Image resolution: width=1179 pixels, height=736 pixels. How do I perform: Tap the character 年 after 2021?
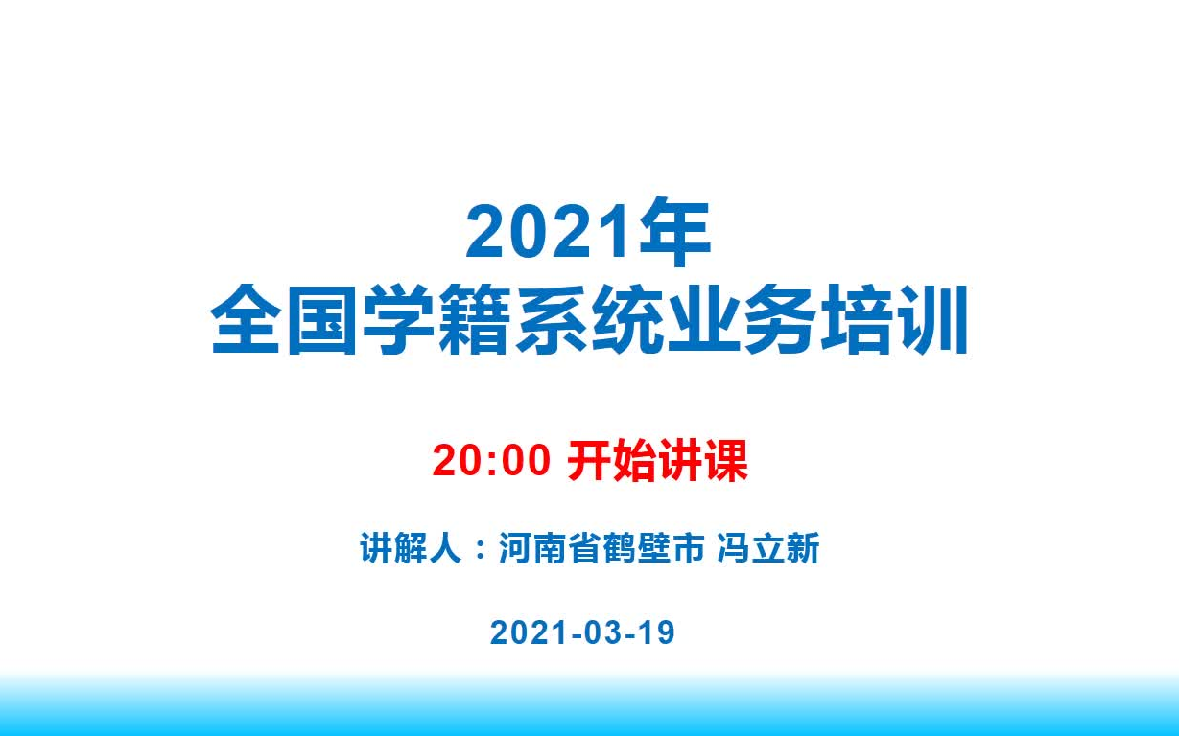pos(675,232)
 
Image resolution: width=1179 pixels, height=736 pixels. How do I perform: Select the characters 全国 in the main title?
pos(284,319)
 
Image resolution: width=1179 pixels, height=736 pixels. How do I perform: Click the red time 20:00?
pos(491,460)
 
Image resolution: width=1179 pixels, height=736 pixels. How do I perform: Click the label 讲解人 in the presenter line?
pos(412,548)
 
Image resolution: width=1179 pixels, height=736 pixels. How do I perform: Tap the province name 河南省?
pos(550,548)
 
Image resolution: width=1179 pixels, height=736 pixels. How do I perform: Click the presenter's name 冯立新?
pos(767,548)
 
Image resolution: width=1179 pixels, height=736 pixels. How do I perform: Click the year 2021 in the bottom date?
pos(528,632)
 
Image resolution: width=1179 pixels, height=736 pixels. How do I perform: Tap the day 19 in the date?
pos(657,632)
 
